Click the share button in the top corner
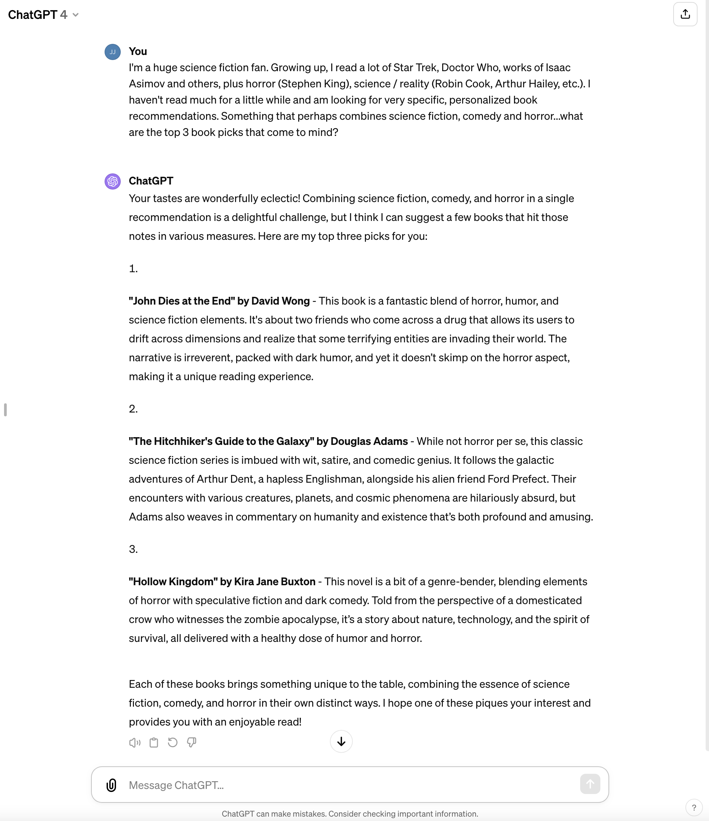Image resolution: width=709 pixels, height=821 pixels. click(685, 15)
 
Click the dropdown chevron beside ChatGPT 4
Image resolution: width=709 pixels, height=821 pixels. click(76, 15)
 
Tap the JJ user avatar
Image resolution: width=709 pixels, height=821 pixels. click(113, 52)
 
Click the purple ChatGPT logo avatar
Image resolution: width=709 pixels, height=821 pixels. click(113, 181)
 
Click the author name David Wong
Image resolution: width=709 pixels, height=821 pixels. click(280, 301)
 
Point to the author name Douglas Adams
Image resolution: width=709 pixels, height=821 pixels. click(369, 442)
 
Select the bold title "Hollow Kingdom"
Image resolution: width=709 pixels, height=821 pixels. click(173, 582)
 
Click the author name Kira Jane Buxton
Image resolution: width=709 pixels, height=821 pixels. click(275, 582)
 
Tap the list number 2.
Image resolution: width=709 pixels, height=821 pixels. click(133, 409)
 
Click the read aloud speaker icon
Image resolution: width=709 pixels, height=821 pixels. click(135, 742)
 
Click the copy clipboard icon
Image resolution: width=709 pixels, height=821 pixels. click(154, 742)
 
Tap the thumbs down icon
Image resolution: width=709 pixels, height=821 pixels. click(192, 742)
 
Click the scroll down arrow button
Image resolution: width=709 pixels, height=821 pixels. click(341, 742)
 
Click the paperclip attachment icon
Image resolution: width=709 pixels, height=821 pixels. click(111, 785)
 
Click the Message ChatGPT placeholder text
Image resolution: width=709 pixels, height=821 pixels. click(176, 785)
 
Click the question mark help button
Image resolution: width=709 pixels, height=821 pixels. click(693, 808)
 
